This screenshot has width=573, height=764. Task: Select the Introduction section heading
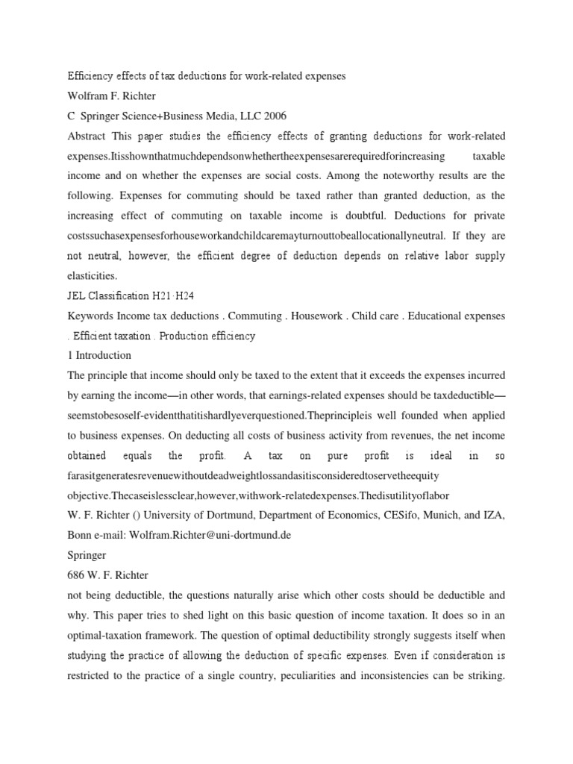[103, 355]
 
